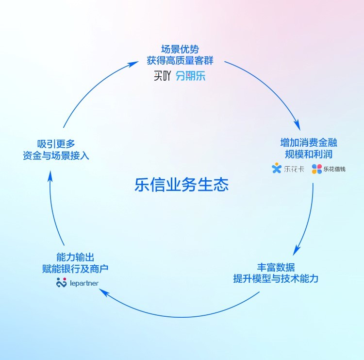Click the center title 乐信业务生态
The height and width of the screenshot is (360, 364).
182,185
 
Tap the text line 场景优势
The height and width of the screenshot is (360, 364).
180,49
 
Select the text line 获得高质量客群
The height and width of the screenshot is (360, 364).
180,61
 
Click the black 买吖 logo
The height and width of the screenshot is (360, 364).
162,76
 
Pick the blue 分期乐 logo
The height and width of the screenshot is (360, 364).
191,76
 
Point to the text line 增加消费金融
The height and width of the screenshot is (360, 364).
309,142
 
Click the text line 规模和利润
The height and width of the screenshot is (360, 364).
309,154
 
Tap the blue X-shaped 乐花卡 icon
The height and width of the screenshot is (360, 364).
277,168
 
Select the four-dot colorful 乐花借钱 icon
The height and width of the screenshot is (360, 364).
317,169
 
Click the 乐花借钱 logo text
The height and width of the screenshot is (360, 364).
334,169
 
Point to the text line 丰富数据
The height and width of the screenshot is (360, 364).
276,267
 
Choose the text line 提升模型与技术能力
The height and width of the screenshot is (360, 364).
276,278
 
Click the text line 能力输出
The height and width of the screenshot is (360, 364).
75,257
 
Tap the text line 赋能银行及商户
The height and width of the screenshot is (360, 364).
75,269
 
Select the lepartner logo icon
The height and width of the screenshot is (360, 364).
61,282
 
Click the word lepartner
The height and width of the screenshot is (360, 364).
84,283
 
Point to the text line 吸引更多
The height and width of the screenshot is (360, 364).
56,144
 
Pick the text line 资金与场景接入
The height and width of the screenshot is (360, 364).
56,155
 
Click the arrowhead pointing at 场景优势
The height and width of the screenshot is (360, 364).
134,64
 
